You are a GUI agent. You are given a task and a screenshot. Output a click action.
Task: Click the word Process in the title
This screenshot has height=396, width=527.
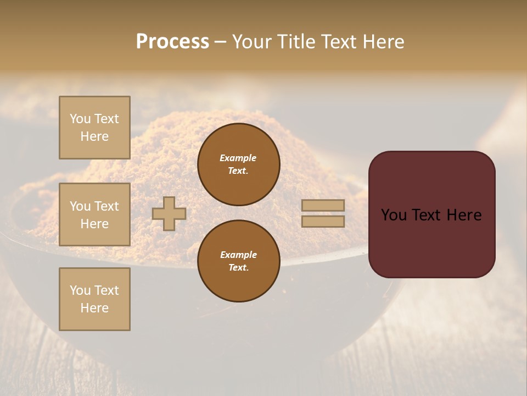(172, 42)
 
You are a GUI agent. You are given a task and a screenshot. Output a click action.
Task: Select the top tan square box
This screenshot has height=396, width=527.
(94, 128)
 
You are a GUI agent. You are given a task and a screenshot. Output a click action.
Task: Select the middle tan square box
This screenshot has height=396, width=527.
(94, 215)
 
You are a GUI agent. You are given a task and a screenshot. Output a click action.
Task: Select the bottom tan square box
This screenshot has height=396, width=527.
(94, 299)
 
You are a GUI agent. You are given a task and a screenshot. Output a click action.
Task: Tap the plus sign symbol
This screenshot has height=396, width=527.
(169, 213)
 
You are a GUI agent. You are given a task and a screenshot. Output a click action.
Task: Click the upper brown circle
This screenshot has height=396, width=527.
(238, 164)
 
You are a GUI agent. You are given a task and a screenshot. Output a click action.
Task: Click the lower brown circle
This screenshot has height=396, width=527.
(238, 261)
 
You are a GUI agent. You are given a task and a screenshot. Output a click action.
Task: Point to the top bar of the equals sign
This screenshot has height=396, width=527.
(323, 206)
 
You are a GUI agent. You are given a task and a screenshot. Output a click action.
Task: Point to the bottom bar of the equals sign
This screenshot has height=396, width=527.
(323, 221)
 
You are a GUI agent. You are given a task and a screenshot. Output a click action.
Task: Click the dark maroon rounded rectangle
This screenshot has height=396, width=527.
(431, 242)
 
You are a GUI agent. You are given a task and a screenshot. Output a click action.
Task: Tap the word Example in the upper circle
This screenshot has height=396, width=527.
(238, 158)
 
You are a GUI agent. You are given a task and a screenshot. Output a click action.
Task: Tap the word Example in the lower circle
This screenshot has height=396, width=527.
(238, 255)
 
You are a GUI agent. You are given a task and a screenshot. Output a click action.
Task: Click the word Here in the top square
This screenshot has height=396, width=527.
(94, 136)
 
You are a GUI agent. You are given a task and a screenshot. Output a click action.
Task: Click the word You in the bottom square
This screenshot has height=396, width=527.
(80, 290)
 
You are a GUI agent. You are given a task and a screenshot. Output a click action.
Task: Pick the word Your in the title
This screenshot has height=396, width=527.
(253, 42)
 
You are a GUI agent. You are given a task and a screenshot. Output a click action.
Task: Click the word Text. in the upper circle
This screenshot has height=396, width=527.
(238, 171)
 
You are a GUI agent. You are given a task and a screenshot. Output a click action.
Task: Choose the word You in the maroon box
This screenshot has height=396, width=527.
(394, 215)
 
